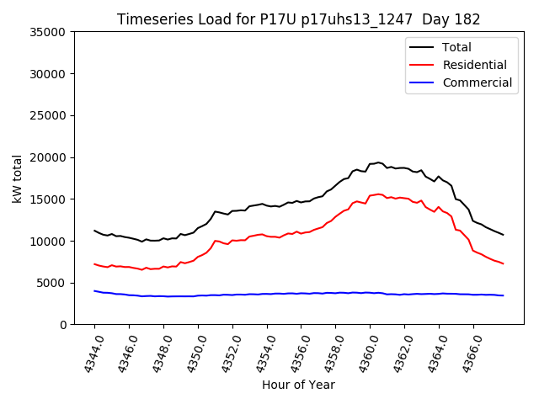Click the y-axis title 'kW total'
(x=18, y=178)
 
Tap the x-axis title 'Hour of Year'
(x=298, y=385)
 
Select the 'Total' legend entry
(x=456, y=47)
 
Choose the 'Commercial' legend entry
(x=477, y=82)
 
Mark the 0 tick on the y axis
(x=63, y=325)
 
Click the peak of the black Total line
(x=379, y=162)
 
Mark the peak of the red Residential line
(x=379, y=194)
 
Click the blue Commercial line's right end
(x=503, y=295)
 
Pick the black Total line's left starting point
(x=94, y=231)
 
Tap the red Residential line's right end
(x=503, y=263)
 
